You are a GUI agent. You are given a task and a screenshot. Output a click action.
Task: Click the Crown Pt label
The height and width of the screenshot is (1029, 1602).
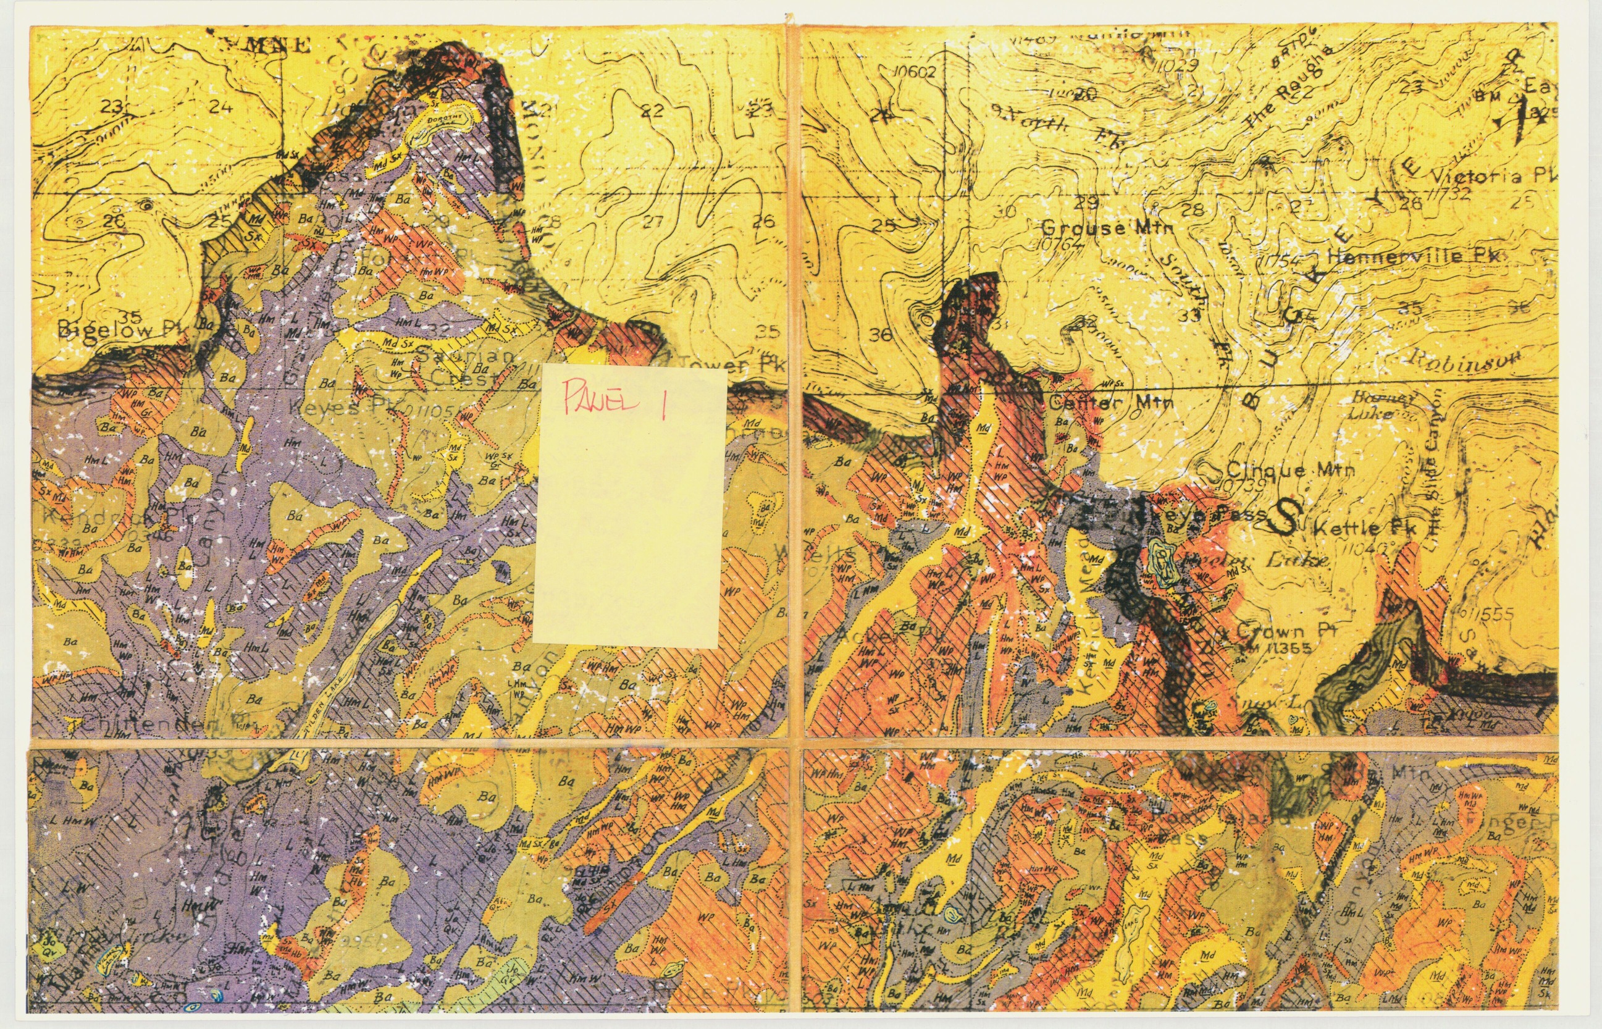(1269, 630)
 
